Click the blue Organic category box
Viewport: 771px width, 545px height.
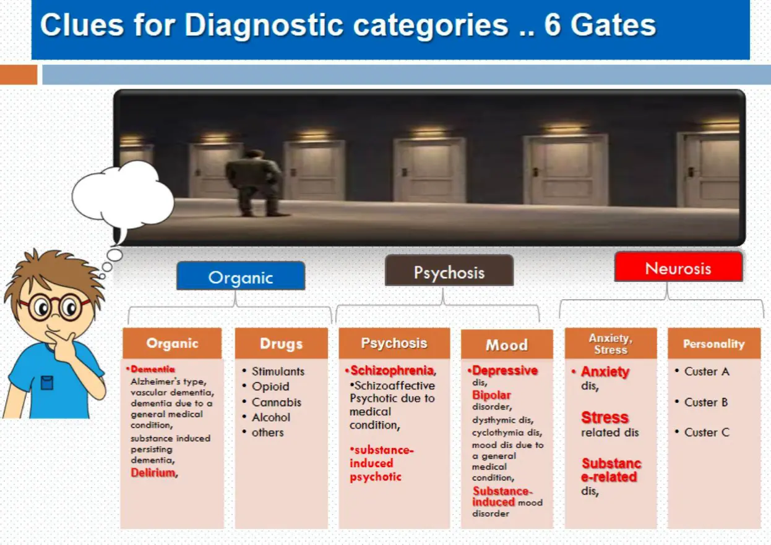click(x=241, y=276)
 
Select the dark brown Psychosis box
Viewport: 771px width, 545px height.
click(x=449, y=271)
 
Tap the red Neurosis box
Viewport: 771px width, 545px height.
click(x=678, y=267)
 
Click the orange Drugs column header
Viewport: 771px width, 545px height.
click(x=281, y=344)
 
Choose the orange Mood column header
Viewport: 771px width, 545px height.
click(x=507, y=344)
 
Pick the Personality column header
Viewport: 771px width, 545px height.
click(x=714, y=344)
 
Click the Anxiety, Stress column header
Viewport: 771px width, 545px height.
click(x=611, y=344)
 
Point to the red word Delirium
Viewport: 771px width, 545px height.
click(x=153, y=473)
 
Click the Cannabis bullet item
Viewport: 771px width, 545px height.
click(x=277, y=402)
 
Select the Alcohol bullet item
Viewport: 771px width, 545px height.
click(x=271, y=417)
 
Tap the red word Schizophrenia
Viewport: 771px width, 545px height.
click(x=392, y=370)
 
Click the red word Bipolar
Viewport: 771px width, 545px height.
click(x=491, y=395)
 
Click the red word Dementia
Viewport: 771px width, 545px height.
click(x=152, y=369)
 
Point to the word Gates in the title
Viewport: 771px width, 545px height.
click(x=613, y=25)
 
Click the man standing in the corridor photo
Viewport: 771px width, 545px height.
click(x=255, y=183)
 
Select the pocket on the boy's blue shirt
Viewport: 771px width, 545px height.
click(x=47, y=383)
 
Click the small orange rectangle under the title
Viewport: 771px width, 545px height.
click(x=19, y=75)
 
